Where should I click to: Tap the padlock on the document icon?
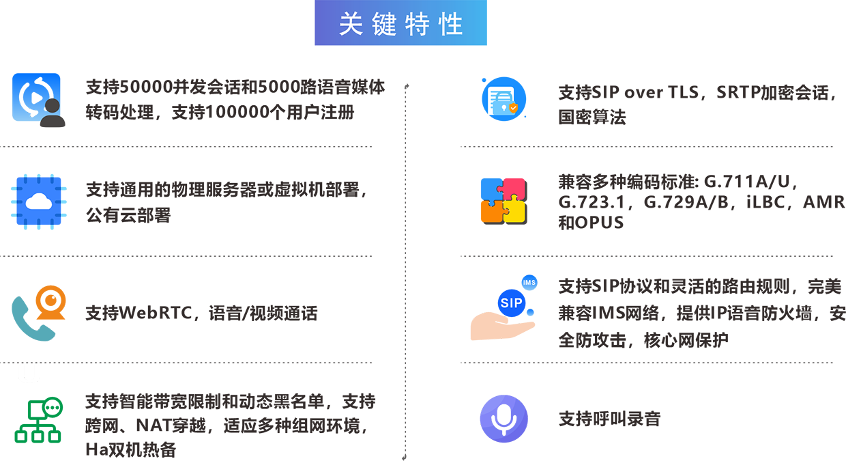(x=503, y=108)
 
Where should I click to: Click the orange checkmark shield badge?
(x=514, y=108)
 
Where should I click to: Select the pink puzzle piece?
(x=510, y=179)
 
